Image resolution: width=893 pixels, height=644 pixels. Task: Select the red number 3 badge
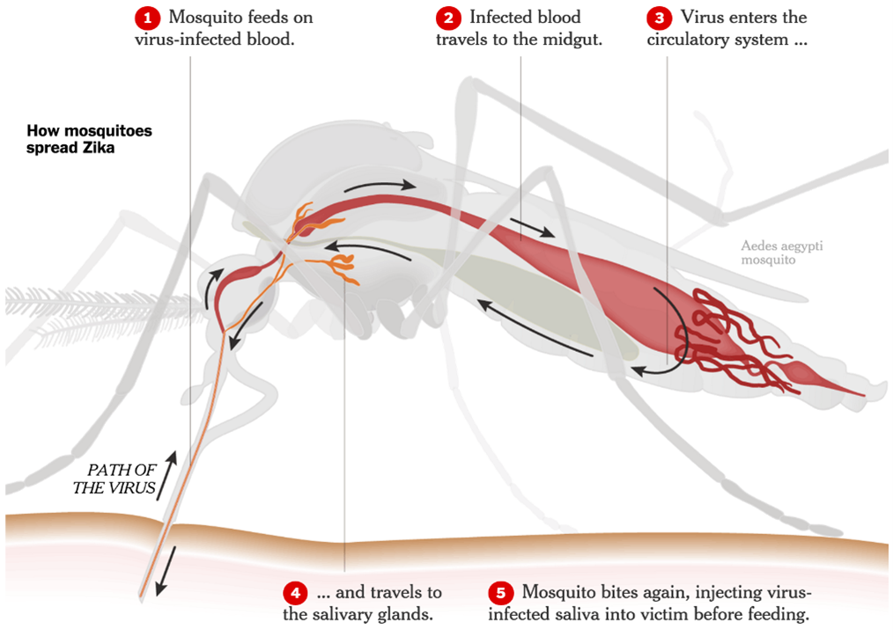tap(660, 18)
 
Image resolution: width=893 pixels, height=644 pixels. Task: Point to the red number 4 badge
tap(296, 593)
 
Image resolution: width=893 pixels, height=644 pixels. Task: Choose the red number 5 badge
tap(501, 593)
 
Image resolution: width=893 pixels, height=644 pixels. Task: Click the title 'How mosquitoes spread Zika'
tap(89, 139)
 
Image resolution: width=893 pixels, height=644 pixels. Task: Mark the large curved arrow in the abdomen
tap(675, 334)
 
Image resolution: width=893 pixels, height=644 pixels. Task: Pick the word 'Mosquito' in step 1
tap(204, 18)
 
